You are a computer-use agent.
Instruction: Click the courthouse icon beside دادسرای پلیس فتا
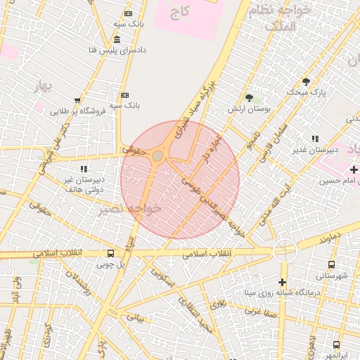[116, 39]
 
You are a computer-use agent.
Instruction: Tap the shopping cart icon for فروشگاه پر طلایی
[77, 100]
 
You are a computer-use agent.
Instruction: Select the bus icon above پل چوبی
[110, 253]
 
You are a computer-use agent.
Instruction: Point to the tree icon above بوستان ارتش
[249, 98]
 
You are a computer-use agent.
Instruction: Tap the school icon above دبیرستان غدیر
[314, 139]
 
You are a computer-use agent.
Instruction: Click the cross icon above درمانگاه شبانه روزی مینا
[283, 281]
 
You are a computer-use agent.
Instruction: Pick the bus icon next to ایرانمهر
[336, 345]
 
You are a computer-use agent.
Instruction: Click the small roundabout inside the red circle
[158, 155]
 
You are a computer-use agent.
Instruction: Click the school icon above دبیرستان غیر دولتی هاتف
[84, 169]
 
